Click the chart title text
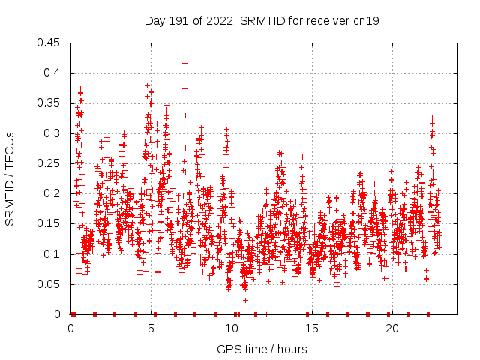pos(262,21)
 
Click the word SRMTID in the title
pos(258,21)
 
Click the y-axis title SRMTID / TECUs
pos(10,179)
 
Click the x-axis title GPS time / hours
pos(262,349)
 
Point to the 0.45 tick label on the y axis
pos(50,43)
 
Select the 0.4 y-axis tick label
pos(53,73)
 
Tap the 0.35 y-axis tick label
pos(50,103)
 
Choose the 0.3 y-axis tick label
pos(53,133)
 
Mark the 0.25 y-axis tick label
pos(50,163)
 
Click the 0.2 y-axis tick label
pos(53,193)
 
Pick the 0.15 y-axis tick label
pos(50,223)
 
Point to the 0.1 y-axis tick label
pos(53,254)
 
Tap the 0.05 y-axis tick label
pos(50,284)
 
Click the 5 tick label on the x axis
pos(151,328)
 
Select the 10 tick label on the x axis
pos(232,328)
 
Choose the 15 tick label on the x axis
pos(312,328)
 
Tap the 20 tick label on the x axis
pos(392,328)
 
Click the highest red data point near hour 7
pos(184,64)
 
